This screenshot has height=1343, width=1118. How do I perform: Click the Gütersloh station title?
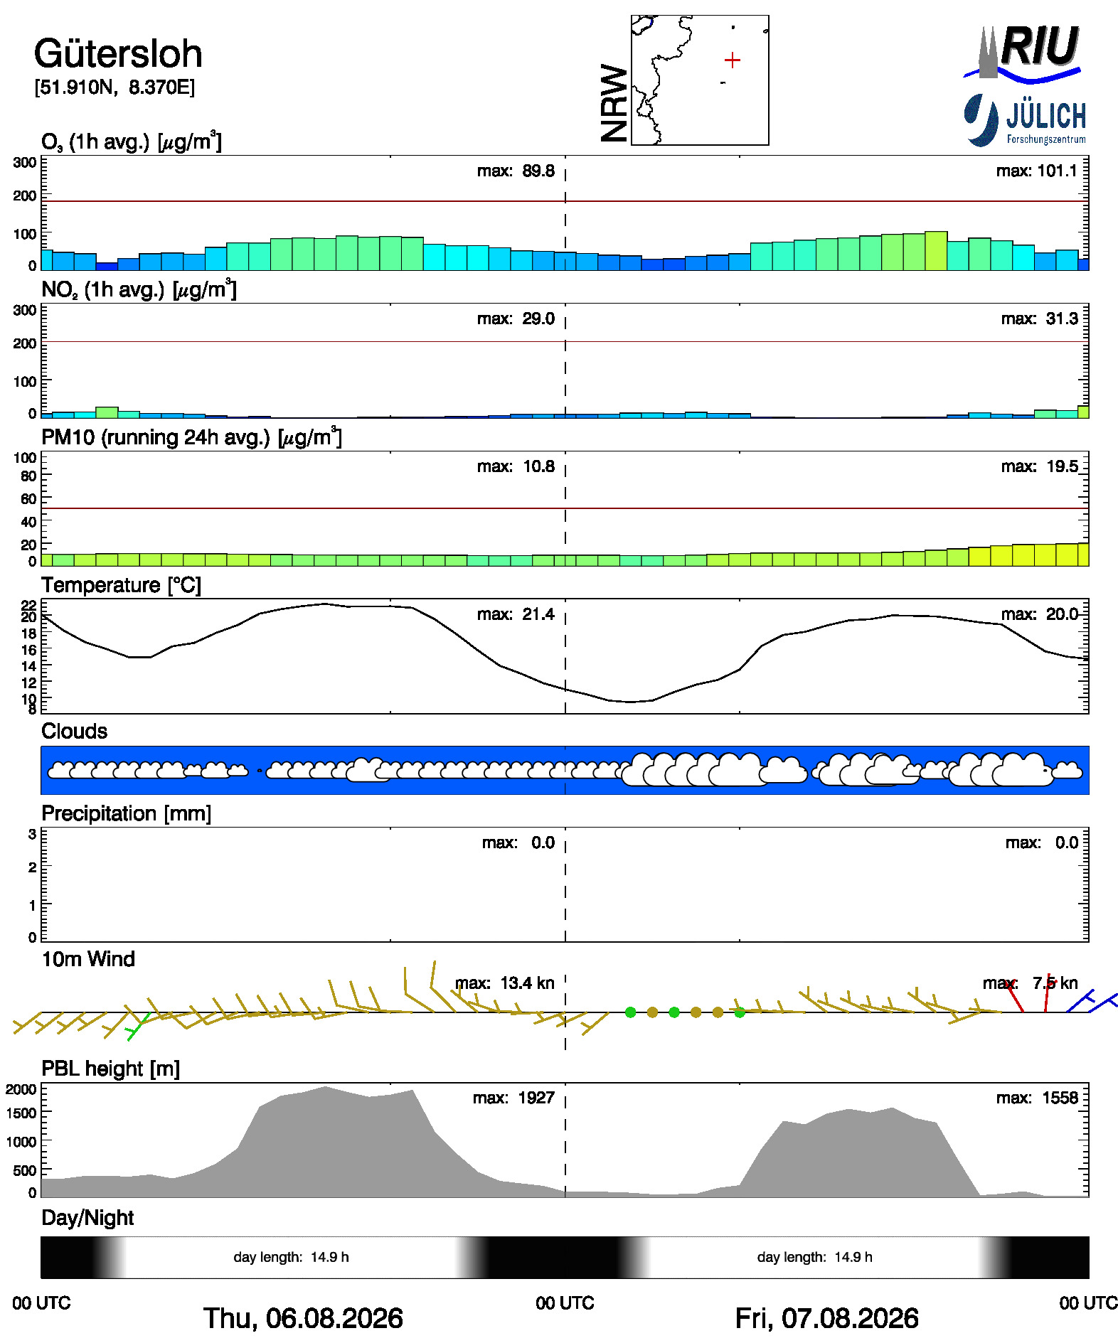pos(118,54)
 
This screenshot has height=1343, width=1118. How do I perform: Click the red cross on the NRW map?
pos(732,60)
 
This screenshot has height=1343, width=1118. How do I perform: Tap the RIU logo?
pos(1023,52)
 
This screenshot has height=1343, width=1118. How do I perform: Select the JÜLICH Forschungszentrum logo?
pos(1025,120)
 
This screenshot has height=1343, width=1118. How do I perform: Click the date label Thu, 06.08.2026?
pos(303,1318)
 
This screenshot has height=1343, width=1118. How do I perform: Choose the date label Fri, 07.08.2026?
pos(826,1318)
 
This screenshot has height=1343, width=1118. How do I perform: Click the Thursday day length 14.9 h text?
pos(291,1257)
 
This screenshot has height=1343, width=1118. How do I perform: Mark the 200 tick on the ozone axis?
pos(25,196)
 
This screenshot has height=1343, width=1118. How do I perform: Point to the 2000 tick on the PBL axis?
pos(21,1089)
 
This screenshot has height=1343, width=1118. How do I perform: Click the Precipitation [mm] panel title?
pos(127,813)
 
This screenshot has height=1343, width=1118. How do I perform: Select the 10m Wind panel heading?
pos(88,959)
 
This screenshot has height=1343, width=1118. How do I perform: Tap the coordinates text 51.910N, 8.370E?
pos(115,87)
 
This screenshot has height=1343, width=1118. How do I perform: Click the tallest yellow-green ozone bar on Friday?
pos(936,251)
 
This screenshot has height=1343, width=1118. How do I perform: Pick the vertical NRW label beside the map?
pos(614,104)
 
